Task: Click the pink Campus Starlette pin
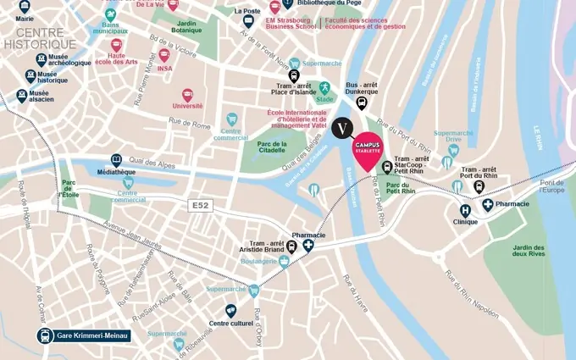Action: coord(367,149)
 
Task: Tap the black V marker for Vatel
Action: coord(342,128)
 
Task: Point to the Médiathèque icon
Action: coord(116,159)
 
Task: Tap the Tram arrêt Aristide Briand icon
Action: coord(292,246)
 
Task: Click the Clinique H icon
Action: coord(465,211)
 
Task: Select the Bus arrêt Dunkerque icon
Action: coord(362,103)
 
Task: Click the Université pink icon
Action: coord(187,96)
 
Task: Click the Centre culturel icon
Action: coord(230,311)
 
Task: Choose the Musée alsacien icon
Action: coord(22,97)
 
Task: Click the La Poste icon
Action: coord(248,21)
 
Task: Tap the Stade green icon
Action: coord(324,87)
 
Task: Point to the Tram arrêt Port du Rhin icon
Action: coord(479,186)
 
